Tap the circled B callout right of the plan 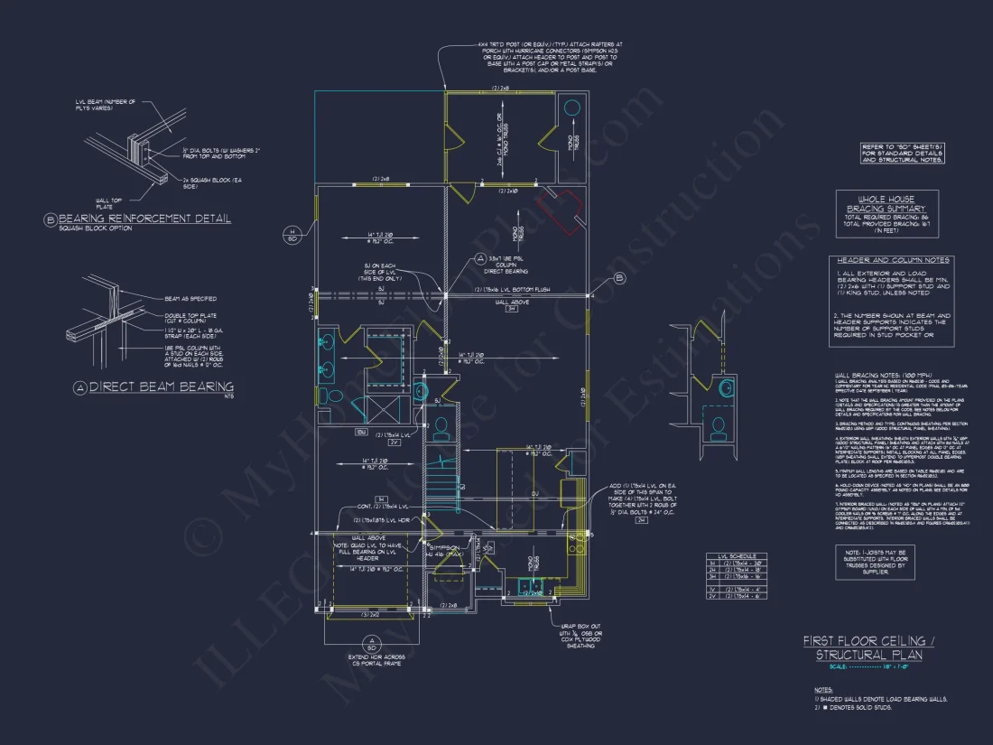click(x=620, y=278)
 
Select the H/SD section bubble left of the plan click(x=292, y=235)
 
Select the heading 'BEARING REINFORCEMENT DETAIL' click(x=144, y=219)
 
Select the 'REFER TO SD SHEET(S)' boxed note click(x=903, y=153)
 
